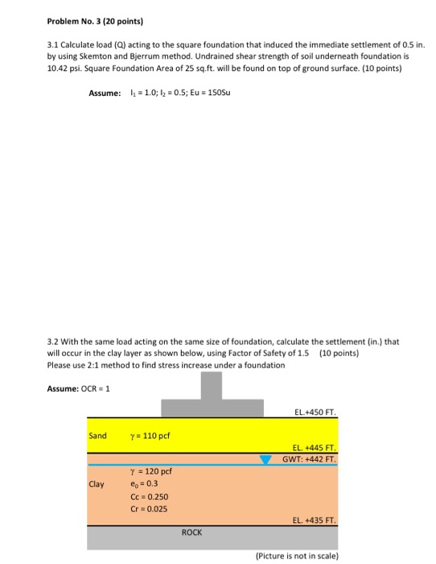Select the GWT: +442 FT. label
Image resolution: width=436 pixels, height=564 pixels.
(x=309, y=460)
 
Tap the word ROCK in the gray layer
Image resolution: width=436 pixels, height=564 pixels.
(x=191, y=533)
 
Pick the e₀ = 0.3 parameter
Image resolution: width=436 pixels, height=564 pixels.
(x=142, y=485)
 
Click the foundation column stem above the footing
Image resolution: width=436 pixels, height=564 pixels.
(x=210, y=388)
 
